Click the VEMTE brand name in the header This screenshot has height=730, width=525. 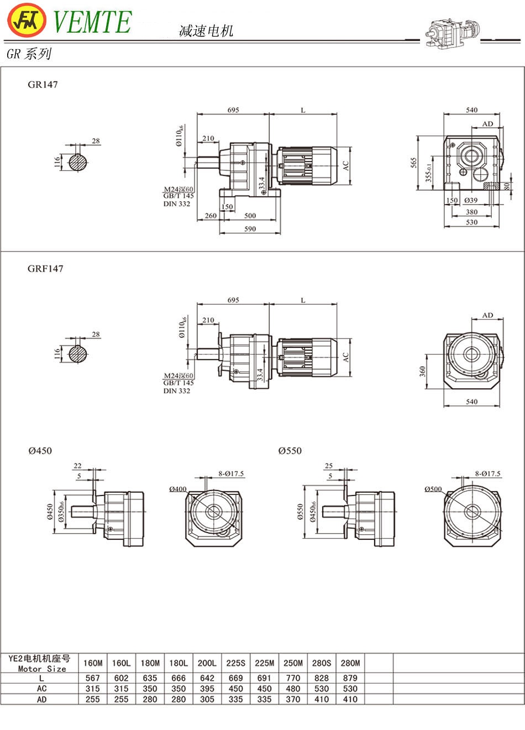click(x=92, y=22)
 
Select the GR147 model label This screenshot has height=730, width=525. click(x=43, y=85)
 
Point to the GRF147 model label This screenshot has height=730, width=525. click(x=45, y=269)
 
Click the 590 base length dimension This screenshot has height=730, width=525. click(x=250, y=229)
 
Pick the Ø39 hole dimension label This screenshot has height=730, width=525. click(x=471, y=201)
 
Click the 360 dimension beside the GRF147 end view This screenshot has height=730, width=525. click(x=423, y=371)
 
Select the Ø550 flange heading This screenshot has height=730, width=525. click(x=290, y=451)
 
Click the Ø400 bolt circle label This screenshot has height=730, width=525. click(x=178, y=489)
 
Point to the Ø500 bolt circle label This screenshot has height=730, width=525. click(x=433, y=489)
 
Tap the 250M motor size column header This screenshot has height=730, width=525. click(x=293, y=663)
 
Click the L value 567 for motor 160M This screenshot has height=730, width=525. click(x=93, y=678)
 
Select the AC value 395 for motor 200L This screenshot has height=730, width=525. click(x=207, y=689)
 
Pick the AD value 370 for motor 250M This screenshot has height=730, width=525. click(x=293, y=700)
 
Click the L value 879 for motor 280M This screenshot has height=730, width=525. click(x=350, y=678)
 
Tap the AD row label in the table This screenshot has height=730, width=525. click(x=42, y=700)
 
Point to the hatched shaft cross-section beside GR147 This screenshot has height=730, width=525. click(x=78, y=162)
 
